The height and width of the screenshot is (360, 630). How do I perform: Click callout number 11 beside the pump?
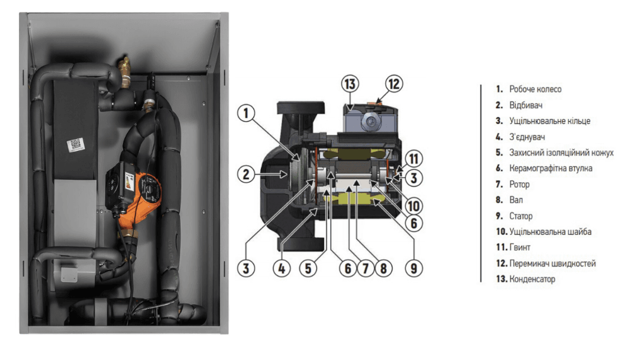pyautogui.click(x=414, y=159)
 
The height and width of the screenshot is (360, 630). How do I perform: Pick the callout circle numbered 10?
pyautogui.click(x=414, y=206)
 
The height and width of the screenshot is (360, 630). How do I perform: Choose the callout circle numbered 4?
pyautogui.click(x=283, y=267)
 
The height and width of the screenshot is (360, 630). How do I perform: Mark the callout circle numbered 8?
pyautogui.click(x=383, y=267)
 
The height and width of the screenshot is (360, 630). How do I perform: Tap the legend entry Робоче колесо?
pyautogui.click(x=535, y=89)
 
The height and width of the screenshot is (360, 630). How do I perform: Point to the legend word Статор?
pyautogui.click(x=521, y=216)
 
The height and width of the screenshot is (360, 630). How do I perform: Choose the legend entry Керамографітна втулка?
pyautogui.click(x=550, y=169)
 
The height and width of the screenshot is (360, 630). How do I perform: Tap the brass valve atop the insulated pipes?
pyautogui.click(x=125, y=65)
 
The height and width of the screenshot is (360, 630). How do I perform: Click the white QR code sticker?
pyautogui.click(x=75, y=144)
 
